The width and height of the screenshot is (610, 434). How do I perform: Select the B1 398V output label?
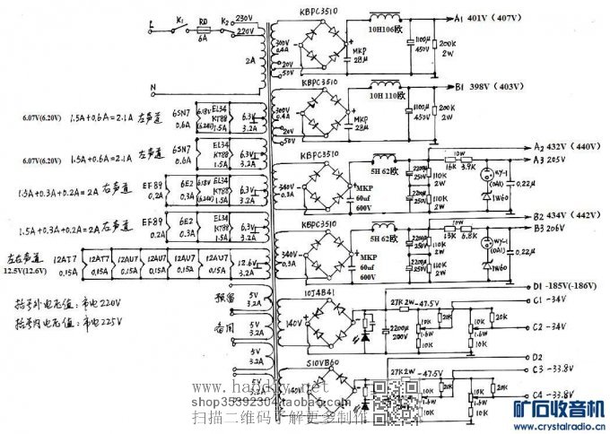click(489, 86)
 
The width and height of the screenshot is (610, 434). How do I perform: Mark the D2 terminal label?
click(537, 329)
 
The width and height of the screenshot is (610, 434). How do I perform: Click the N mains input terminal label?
click(153, 88)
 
